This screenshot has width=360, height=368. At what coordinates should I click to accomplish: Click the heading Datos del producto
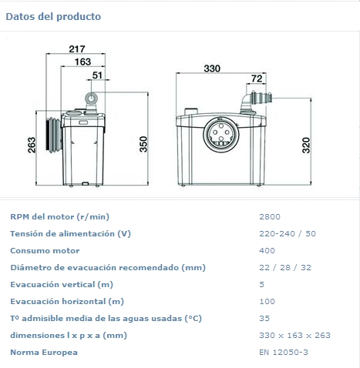click(x=53, y=17)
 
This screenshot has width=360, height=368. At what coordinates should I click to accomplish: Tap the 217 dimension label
click(x=77, y=49)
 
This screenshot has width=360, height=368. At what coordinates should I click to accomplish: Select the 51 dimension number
click(x=97, y=75)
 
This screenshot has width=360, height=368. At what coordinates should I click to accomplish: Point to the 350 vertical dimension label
click(x=143, y=144)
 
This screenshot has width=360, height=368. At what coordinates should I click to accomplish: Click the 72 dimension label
click(x=257, y=79)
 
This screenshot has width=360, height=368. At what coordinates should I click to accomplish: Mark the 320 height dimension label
click(x=306, y=146)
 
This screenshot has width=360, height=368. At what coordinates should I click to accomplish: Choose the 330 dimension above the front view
click(x=212, y=69)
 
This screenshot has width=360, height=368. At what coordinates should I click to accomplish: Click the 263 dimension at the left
click(x=32, y=146)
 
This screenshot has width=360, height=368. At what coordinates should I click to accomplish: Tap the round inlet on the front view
click(x=221, y=134)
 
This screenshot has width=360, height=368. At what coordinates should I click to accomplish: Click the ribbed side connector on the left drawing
click(x=54, y=135)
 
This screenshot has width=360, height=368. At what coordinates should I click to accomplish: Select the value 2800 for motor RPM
click(x=270, y=217)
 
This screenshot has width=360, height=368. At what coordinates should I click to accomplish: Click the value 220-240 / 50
click(x=288, y=234)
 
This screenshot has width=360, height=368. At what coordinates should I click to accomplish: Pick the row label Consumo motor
click(x=45, y=251)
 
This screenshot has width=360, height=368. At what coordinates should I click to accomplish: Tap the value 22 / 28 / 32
click(x=285, y=268)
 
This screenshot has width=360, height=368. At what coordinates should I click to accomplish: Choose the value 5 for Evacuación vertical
click(x=261, y=285)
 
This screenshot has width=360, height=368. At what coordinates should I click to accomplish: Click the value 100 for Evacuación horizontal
click(x=267, y=302)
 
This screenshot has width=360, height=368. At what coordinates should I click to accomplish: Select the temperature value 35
click(x=264, y=319)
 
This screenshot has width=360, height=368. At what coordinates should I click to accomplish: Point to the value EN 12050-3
click(x=284, y=353)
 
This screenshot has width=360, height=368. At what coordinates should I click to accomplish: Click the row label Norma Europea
click(x=44, y=353)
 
